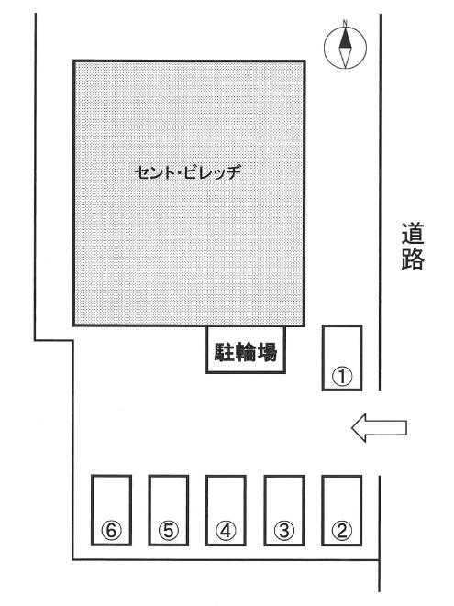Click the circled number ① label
(343, 377)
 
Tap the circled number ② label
(342, 531)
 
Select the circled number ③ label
(284, 531)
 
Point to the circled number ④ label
(226, 531)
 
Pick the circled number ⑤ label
(169, 531)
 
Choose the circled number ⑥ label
(111, 531)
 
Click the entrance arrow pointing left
(379, 428)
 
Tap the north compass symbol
(345, 47)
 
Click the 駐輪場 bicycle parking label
(246, 352)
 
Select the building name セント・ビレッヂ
(188, 172)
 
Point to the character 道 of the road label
(412, 233)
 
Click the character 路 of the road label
(412, 259)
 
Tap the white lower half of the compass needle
(345, 58)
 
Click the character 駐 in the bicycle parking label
(225, 352)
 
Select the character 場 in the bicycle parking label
(267, 352)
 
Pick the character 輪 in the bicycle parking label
(246, 352)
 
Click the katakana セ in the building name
(143, 172)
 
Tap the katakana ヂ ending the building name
(233, 172)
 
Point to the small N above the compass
(345, 22)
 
